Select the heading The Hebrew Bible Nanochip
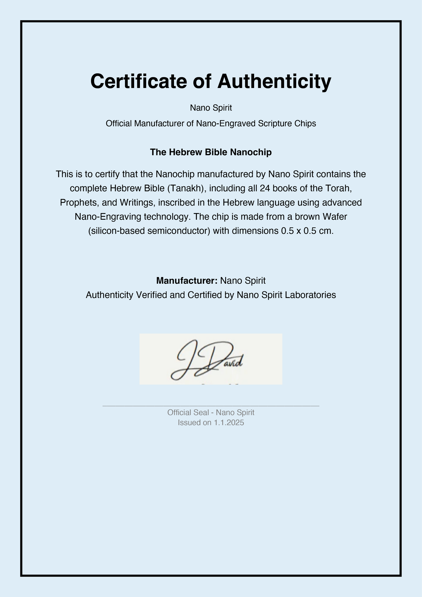pyautogui.click(x=211, y=152)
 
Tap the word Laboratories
pyautogui.click(x=310, y=295)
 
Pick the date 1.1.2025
pyautogui.click(x=229, y=423)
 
